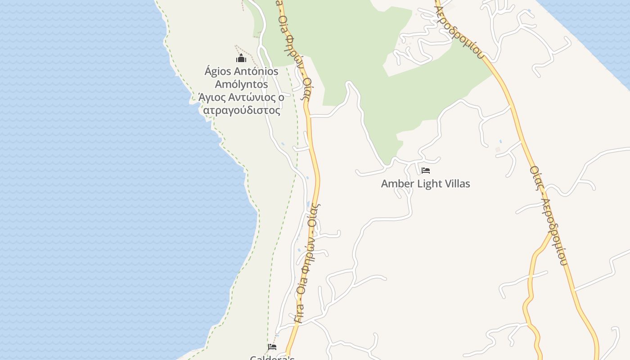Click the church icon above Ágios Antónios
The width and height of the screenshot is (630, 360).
click(241, 58)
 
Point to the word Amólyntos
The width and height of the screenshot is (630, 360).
click(241, 85)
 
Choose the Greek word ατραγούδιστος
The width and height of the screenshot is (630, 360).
click(242, 111)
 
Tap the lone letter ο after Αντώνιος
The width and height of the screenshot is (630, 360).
click(281, 98)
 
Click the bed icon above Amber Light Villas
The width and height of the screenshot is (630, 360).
click(425, 171)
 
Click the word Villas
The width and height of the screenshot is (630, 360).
click(455, 184)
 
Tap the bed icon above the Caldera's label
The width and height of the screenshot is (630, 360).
click(272, 347)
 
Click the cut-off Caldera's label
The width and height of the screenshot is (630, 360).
click(272, 358)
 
